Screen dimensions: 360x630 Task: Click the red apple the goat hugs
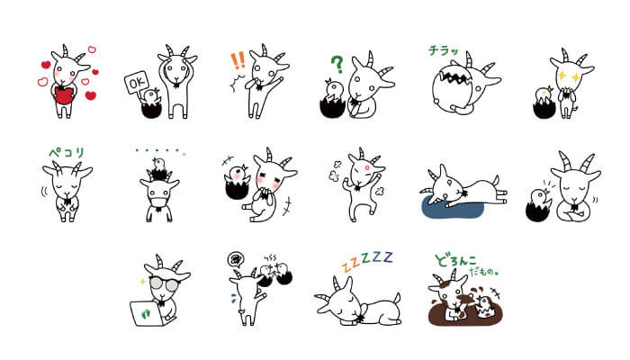65,96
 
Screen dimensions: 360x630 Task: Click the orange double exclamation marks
238,61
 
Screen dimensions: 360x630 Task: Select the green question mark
337,65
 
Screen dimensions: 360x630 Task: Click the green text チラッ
445,51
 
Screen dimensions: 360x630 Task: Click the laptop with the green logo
148,310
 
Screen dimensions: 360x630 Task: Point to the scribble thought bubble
235,257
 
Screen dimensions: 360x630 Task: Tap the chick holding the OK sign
151,96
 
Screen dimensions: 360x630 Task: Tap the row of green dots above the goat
158,150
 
